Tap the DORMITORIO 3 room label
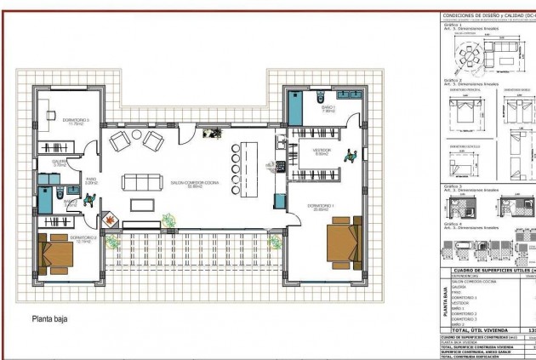pyautogui.click(x=76, y=121)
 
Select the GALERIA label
pyautogui.click(x=59, y=161)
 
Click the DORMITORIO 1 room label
pyautogui.click(x=320, y=207)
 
